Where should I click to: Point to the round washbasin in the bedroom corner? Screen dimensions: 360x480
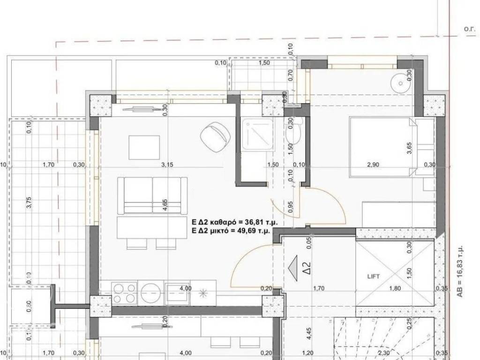[x=400, y=84]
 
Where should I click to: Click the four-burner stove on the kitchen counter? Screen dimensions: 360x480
[x=124, y=293]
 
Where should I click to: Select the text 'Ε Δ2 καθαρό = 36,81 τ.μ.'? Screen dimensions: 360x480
[x=231, y=222]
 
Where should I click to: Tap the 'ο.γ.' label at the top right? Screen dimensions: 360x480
[x=470, y=29]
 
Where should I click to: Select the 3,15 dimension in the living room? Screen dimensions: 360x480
[x=167, y=165]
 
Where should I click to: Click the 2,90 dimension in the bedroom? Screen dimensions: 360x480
[x=373, y=165]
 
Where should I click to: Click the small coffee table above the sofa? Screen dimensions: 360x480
[x=144, y=147]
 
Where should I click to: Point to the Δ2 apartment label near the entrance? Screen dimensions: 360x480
[x=307, y=270]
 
